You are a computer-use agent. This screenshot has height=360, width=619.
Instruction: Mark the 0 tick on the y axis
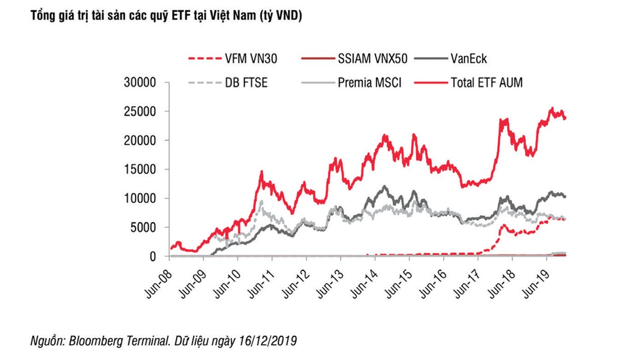pos(152,256)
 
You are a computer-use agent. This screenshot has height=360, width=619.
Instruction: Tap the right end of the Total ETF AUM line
pos(566,118)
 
